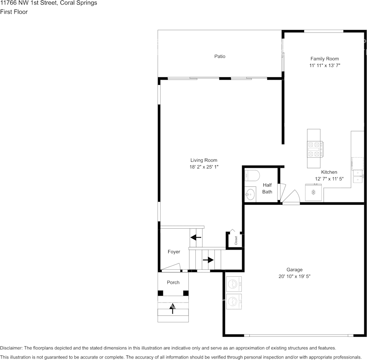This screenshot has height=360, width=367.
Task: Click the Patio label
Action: tap(220, 56)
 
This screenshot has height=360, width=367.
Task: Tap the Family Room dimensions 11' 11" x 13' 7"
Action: tap(325, 65)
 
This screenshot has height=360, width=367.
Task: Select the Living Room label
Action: tap(204, 160)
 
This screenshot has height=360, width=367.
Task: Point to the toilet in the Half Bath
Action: tap(252, 176)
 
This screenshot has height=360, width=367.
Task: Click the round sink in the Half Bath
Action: tap(250, 194)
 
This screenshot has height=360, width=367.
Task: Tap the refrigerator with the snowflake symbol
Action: tap(313, 192)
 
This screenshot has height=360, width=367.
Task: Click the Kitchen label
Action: tap(329, 172)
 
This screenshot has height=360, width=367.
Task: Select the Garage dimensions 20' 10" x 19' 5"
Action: tap(294, 277)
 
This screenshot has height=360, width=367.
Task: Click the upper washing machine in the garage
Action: tap(234, 284)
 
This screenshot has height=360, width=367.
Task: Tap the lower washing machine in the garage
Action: tap(234, 301)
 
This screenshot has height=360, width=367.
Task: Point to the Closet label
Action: tap(236, 241)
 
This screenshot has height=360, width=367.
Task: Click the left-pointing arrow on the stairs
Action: tap(196, 238)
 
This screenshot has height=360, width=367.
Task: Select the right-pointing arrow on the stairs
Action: tap(208, 260)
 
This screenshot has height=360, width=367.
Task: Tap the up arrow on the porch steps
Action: tap(172, 309)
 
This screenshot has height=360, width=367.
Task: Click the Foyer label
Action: tap(174, 252)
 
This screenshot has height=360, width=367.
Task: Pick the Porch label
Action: tap(173, 282)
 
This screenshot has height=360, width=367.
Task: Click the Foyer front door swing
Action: tap(171, 268)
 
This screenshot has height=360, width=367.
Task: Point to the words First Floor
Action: tap(14, 12)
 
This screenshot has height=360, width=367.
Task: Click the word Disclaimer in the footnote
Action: tap(11, 348)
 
